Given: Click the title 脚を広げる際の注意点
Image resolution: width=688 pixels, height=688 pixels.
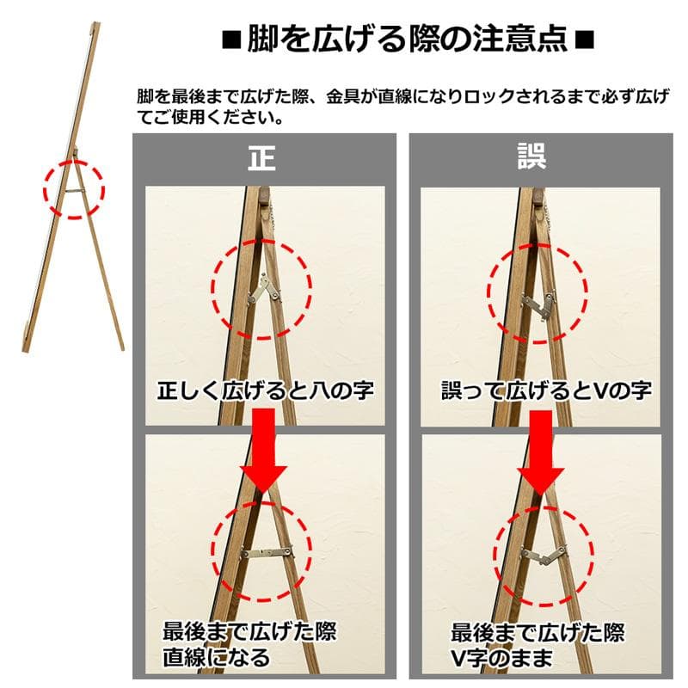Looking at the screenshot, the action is pyautogui.click(x=407, y=39).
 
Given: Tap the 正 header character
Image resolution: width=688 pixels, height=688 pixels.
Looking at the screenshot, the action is pyautogui.click(x=262, y=158).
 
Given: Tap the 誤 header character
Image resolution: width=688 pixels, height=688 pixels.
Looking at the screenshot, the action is pyautogui.click(x=531, y=156).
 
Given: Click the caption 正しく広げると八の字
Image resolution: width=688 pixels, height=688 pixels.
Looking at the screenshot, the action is pyautogui.click(x=266, y=390).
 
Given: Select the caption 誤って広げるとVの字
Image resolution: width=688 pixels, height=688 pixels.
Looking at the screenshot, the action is pyautogui.click(x=546, y=390).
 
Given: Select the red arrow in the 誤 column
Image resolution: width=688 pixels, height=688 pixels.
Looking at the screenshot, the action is pyautogui.click(x=541, y=453).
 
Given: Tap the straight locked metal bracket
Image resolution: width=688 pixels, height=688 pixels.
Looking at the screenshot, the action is pyautogui.click(x=267, y=552).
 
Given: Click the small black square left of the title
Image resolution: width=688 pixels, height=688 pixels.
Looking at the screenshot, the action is pyautogui.click(x=231, y=40).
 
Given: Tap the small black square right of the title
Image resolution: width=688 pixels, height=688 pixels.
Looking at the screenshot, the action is pyautogui.click(x=584, y=40).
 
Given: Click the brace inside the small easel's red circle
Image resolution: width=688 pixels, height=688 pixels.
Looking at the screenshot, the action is pyautogui.click(x=75, y=190).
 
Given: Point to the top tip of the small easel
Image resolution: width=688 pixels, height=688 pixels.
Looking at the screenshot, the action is pyautogui.click(x=95, y=24).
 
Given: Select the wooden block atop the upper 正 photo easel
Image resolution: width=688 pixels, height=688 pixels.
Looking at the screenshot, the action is pyautogui.click(x=264, y=195).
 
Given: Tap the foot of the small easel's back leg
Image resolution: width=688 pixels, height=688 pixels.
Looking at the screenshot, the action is pyautogui.click(x=122, y=348).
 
